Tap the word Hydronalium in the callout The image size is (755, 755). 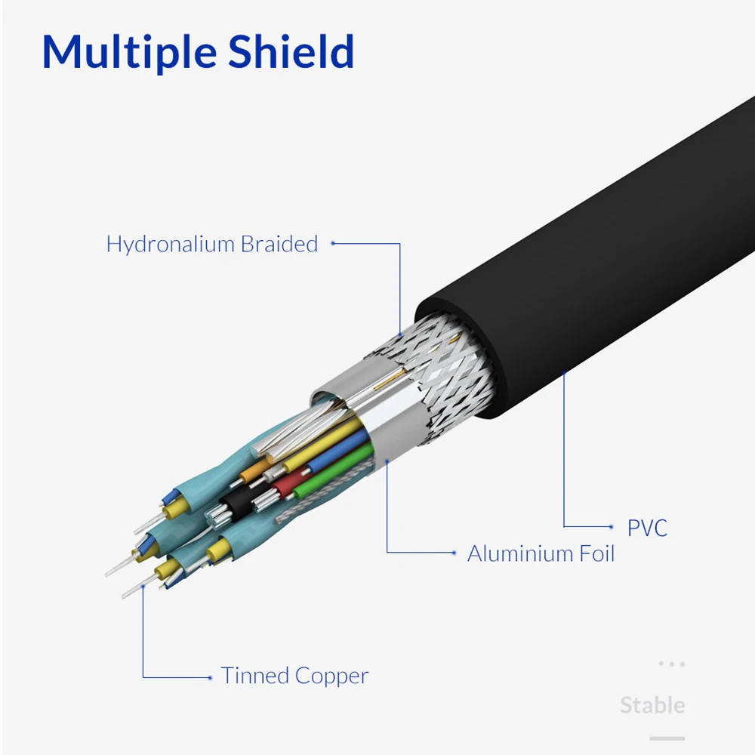(171, 245)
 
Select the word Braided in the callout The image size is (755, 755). (279, 245)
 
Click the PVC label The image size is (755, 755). (647, 528)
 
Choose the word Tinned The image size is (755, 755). (254, 676)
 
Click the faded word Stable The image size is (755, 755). (652, 706)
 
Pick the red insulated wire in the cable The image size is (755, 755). (291, 481)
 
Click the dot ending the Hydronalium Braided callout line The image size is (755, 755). (333, 244)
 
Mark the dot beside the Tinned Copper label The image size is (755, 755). (210, 676)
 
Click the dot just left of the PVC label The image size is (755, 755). (611, 526)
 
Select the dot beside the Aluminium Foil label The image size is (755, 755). (454, 553)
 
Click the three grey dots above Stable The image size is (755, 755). (671, 664)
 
